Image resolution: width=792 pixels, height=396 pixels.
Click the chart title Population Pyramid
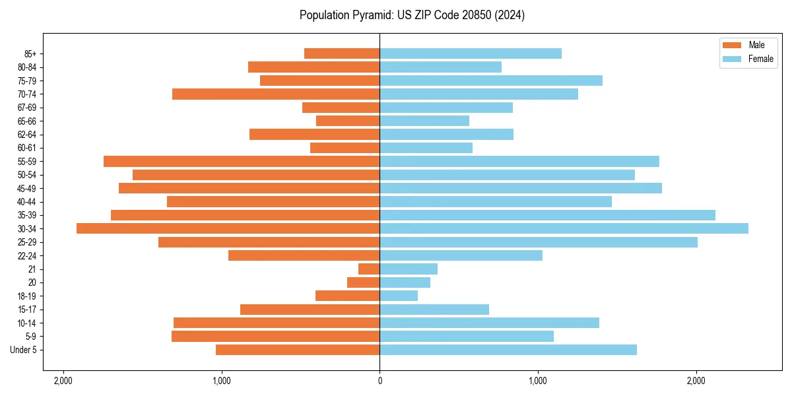(412, 15)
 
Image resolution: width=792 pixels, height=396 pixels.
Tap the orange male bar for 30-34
(228, 228)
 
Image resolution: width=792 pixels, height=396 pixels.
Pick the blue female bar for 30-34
(564, 228)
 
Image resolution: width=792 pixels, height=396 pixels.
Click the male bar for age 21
(369, 269)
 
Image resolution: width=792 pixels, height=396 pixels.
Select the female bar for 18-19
(399, 296)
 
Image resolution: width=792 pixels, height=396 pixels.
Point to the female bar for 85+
(471, 53)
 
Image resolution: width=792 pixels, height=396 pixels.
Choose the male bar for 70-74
(276, 94)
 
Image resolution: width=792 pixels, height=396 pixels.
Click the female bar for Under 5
(508, 350)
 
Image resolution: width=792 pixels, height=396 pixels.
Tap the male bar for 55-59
(242, 161)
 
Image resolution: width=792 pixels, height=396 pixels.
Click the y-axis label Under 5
(24, 350)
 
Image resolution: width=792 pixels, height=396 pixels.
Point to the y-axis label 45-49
(26, 188)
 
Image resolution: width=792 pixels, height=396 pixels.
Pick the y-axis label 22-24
(26, 255)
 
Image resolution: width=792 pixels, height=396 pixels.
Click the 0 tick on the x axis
(379, 381)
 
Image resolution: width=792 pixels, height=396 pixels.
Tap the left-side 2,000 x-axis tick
(63, 381)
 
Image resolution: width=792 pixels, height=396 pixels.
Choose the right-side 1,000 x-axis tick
(538, 381)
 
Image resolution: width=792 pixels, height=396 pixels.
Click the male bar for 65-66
(348, 121)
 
